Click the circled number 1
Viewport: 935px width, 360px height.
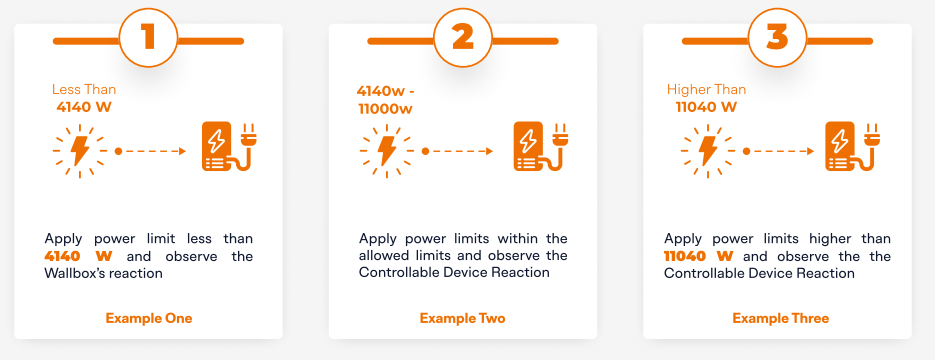pyautogui.click(x=148, y=38)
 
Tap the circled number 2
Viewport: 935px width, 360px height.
pyautogui.click(x=463, y=38)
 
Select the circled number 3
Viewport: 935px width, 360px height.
pyautogui.click(x=777, y=38)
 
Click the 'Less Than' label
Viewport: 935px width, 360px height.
pyautogui.click(x=84, y=90)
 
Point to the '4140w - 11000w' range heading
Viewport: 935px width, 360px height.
pyautogui.click(x=385, y=100)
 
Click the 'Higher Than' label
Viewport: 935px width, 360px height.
pyautogui.click(x=706, y=90)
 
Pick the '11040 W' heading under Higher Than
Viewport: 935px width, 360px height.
pyautogui.click(x=706, y=107)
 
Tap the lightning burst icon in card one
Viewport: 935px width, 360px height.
pyautogui.click(x=79, y=151)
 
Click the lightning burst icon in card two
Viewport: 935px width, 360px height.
pyautogui.click(x=386, y=151)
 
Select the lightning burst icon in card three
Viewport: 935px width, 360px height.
pyautogui.click(x=707, y=151)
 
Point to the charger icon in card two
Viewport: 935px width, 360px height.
pyautogui.click(x=541, y=147)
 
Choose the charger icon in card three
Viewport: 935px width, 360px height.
pyautogui.click(x=853, y=147)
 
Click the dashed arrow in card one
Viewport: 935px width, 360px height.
pyautogui.click(x=151, y=151)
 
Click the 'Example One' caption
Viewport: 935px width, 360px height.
pyautogui.click(x=149, y=318)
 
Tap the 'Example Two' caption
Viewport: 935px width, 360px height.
pyautogui.click(x=463, y=318)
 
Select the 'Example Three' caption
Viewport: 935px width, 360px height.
pyautogui.click(x=781, y=318)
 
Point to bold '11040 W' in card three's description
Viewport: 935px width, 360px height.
pyautogui.click(x=698, y=256)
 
